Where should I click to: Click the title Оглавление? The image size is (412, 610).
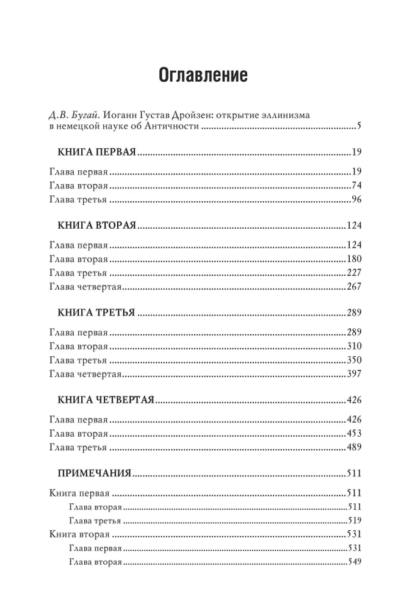pyautogui.click(x=203, y=75)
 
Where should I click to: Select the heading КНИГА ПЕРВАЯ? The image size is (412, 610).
pyautogui.click(x=96, y=152)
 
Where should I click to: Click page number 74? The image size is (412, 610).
pyautogui.click(x=357, y=185)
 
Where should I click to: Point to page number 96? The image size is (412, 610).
pyautogui.click(x=357, y=199)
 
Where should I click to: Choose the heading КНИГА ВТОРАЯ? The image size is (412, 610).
pyautogui.click(x=96, y=226)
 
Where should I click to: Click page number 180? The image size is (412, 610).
pyautogui.click(x=354, y=259)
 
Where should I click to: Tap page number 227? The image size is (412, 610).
pyautogui.click(x=354, y=273)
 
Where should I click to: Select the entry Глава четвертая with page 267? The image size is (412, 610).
pyautogui.click(x=85, y=287)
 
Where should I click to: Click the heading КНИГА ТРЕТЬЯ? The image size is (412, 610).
pyautogui.click(x=96, y=313)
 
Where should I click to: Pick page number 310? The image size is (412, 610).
pyautogui.click(x=354, y=346)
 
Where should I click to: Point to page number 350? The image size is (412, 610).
pyautogui.click(x=354, y=360)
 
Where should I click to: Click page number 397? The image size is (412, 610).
pyautogui.click(x=354, y=374)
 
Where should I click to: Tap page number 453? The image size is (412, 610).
pyautogui.click(x=354, y=433)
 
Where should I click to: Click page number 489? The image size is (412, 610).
pyautogui.click(x=354, y=447)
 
